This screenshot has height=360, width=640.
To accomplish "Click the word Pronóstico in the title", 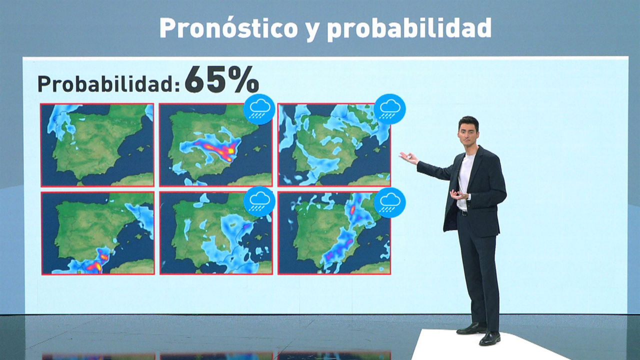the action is coord(229,27).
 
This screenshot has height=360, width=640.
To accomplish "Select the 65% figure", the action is coord(221,79).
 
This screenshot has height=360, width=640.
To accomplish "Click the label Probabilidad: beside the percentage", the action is coord(109,83).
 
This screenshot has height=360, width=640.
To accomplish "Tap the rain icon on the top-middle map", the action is coord(259,109).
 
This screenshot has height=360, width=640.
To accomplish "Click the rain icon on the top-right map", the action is coord(389,109).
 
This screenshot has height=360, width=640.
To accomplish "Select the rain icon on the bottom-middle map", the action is coord(259,201).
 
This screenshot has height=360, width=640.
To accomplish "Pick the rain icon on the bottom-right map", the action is coord(389,202).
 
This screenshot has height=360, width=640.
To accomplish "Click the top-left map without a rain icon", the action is coord(97,145).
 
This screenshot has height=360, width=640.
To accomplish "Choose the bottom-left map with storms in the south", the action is coord(98,233).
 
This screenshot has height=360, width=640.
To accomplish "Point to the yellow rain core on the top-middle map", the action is coord(231,150).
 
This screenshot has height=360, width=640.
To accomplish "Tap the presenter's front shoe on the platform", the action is coord(489,338).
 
